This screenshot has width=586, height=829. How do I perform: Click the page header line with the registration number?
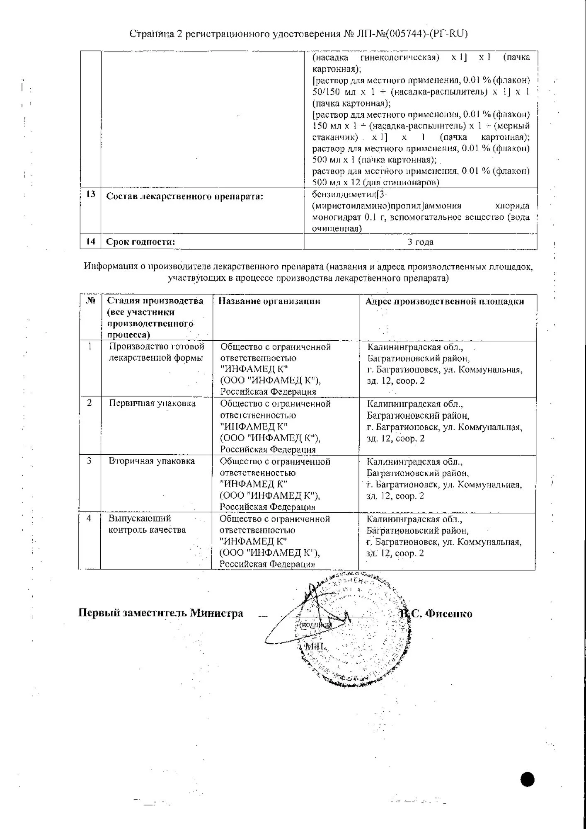coord(298,34)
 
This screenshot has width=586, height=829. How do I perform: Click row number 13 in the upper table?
coord(91,194)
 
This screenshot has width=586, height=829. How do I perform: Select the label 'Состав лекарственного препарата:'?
coord(185,196)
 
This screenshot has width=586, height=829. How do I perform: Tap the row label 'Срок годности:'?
coord(140,242)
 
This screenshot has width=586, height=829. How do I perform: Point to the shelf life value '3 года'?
coord(420,242)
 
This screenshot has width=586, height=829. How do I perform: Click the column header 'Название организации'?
coord(269,301)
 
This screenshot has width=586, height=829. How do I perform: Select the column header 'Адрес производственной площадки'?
coord(444,301)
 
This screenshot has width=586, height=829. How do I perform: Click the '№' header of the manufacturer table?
coord(91,300)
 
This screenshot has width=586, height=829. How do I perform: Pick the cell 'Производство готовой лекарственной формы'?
coord(156,352)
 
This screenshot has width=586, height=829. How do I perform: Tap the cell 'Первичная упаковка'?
coord(152,403)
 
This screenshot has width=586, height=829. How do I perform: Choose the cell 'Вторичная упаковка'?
coord(152,461)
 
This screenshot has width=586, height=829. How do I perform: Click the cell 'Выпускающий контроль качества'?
coord(147,524)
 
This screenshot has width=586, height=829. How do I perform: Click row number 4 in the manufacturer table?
coord(89,518)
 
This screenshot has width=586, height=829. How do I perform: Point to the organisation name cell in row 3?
coord(275,484)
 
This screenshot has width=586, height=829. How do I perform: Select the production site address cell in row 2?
coord(444,421)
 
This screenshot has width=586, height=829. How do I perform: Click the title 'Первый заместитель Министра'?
coord(161,613)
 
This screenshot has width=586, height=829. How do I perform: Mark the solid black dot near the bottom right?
coord(527,780)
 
